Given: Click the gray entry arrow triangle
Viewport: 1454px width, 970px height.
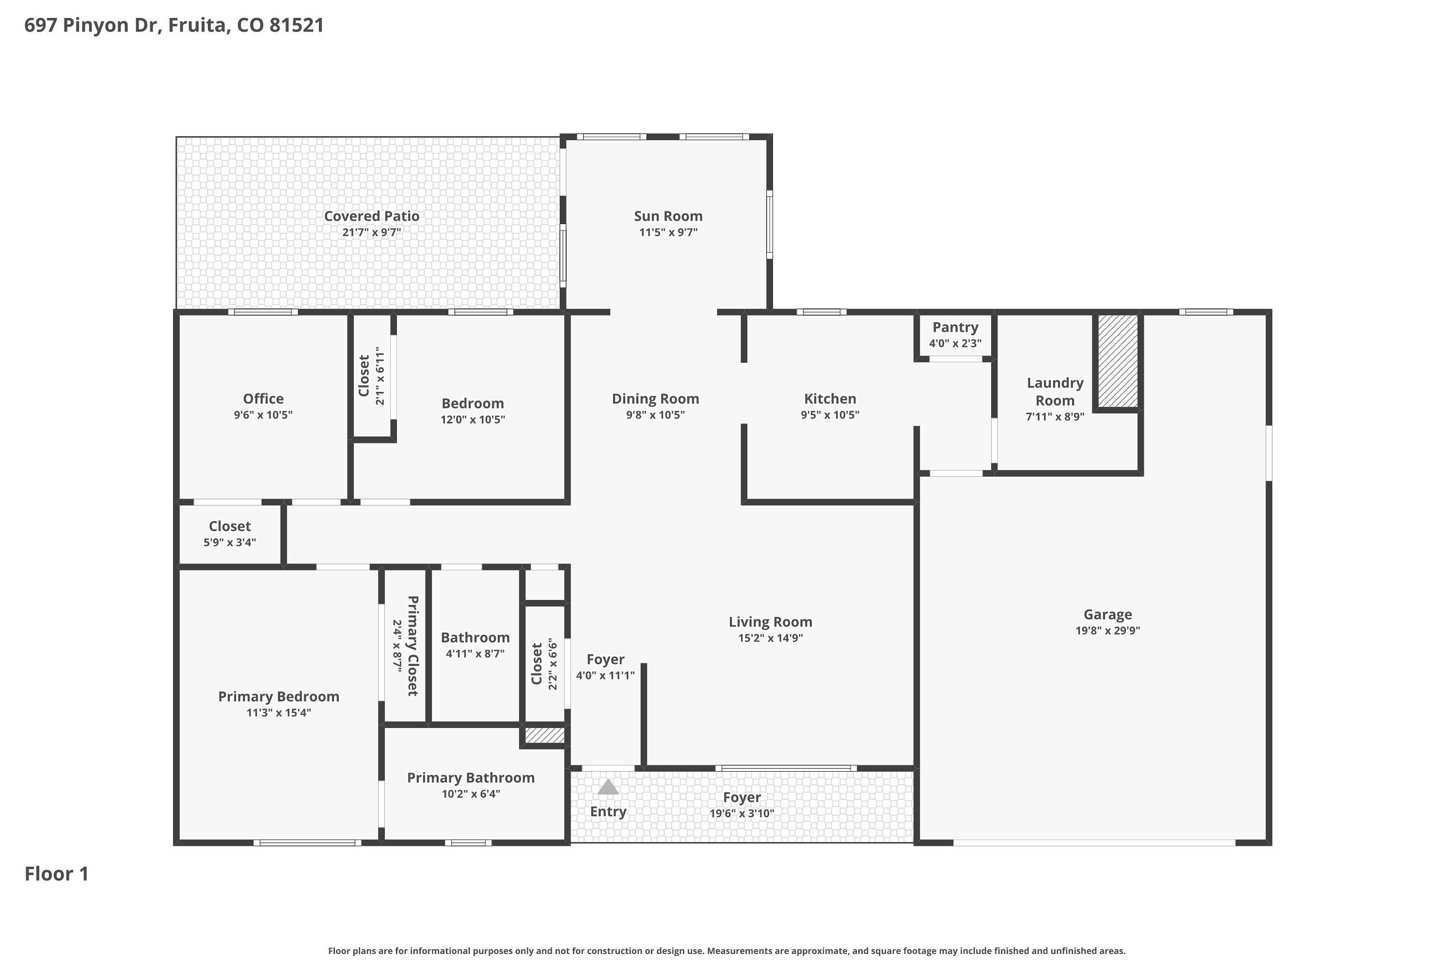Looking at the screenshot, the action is click(x=608, y=786).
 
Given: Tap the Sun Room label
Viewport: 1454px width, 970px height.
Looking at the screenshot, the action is click(x=668, y=216).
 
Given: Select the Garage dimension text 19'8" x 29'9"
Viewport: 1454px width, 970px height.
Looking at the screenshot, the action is click(x=1108, y=630).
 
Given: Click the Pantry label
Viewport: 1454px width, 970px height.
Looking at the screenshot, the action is click(x=955, y=327).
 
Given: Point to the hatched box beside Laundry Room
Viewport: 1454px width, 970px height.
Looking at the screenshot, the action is click(x=1118, y=361).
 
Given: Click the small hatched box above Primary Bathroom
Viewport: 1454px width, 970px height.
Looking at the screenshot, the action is click(x=545, y=735).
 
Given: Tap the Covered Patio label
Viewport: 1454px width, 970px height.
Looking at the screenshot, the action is click(x=372, y=216).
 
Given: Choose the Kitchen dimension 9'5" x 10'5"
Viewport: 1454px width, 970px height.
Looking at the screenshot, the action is click(x=830, y=415).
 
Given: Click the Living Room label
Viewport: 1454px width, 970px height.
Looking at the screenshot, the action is click(x=770, y=622).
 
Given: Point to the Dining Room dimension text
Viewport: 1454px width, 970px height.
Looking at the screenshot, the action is click(x=655, y=415).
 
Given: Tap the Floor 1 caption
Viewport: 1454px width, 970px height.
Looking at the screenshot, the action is click(x=57, y=873).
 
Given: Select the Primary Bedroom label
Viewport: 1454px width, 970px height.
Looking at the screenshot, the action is click(x=279, y=696).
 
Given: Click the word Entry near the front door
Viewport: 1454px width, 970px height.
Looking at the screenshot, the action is click(x=608, y=811).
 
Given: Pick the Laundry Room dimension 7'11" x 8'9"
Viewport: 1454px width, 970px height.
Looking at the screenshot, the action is click(x=1055, y=417).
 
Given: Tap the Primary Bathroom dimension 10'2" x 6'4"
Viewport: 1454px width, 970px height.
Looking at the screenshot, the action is click(x=471, y=793).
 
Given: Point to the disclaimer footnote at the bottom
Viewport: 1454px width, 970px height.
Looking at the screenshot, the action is click(x=727, y=951).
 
